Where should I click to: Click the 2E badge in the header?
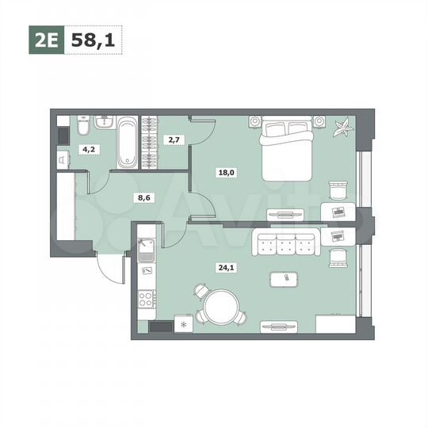pos(47,40)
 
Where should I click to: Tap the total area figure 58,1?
pos(94,40)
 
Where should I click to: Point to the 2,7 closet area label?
pos(173,139)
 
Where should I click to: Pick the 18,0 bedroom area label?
pos(228,170)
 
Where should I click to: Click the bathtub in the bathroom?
pos(128,143)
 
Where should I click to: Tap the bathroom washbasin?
pos(103,122)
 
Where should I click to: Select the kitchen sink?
pos(145,250)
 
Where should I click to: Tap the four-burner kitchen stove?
pos(146,300)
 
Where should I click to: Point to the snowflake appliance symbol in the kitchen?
pos(185,324)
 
